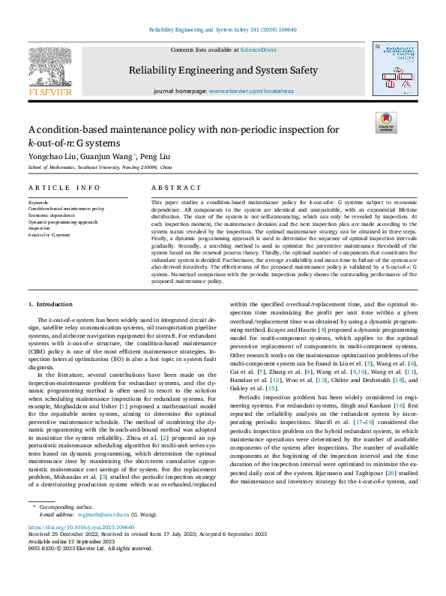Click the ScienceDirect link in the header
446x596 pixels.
pyautogui.click(x=258, y=49)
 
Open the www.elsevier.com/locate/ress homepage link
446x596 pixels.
pyautogui.click(x=262, y=91)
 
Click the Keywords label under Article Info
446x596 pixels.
pyautogui.click(x=38, y=202)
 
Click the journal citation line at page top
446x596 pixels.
pyautogui.click(x=222, y=31)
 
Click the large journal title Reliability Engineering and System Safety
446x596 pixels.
pyautogui.click(x=223, y=71)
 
